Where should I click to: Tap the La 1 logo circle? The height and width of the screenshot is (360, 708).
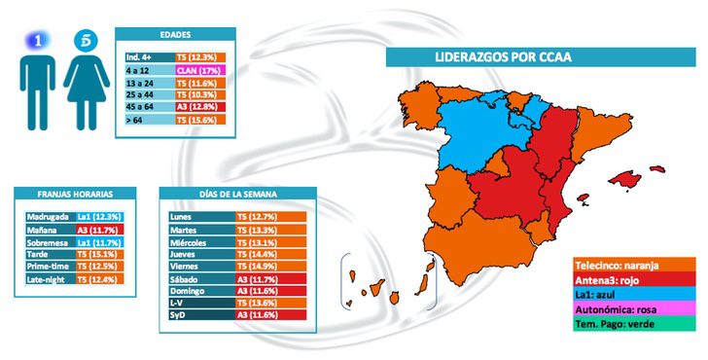pyautogui.click(x=37, y=41)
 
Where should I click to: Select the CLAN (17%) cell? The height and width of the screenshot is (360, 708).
pyautogui.click(x=202, y=72)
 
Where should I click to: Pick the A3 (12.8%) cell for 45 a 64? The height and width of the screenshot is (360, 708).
pyautogui.click(x=202, y=107)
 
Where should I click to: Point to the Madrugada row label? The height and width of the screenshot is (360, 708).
pyautogui.click(x=48, y=214)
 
